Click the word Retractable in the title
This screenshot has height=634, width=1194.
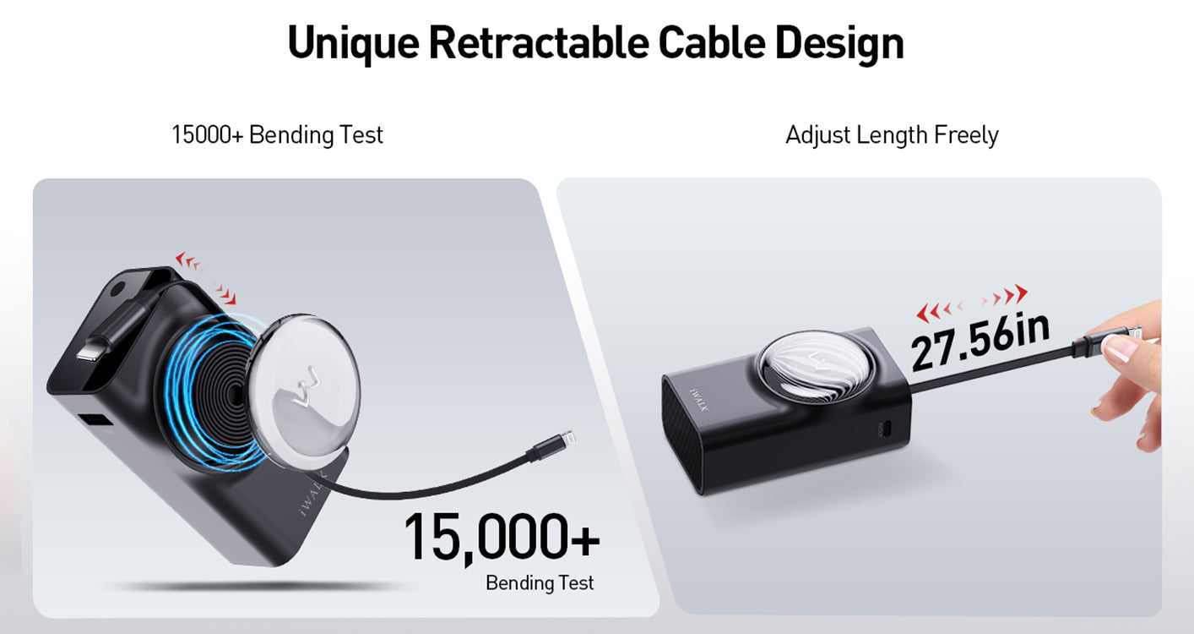pyautogui.click(x=539, y=43)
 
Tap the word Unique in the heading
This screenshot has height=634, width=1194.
pyautogui.click(x=354, y=44)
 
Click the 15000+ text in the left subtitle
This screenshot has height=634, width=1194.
pyautogui.click(x=207, y=134)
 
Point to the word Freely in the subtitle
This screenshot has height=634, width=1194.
pyautogui.click(x=966, y=135)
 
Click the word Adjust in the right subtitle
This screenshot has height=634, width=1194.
pyautogui.click(x=817, y=135)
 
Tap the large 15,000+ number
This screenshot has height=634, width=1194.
pyautogui.click(x=502, y=538)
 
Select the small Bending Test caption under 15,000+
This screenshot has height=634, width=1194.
pyautogui.click(x=540, y=582)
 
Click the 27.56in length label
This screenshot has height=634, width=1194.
pyautogui.click(x=980, y=342)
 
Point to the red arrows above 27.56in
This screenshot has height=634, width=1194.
pyautogui.click(x=972, y=303)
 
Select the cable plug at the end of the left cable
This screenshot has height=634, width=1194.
pyautogui.click(x=551, y=446)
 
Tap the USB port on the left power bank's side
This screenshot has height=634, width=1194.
pyautogui.click(x=95, y=420)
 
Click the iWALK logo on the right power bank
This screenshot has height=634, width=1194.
pyautogui.click(x=699, y=400)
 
